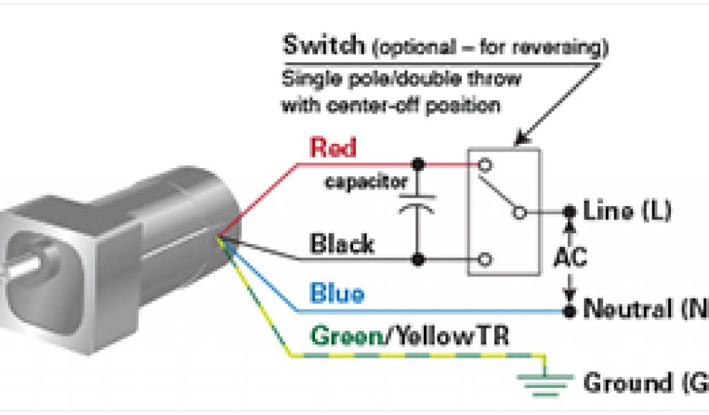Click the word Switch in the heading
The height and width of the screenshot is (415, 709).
tap(323, 47)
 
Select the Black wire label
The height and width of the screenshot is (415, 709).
tap(342, 243)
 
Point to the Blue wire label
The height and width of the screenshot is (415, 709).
tap(337, 294)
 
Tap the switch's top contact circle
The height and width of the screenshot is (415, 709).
tap(485, 165)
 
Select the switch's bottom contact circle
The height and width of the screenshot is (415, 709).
tap(485, 260)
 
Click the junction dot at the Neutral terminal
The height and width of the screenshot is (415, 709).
tap(570, 311)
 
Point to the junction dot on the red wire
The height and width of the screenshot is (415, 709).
tap(418, 165)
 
